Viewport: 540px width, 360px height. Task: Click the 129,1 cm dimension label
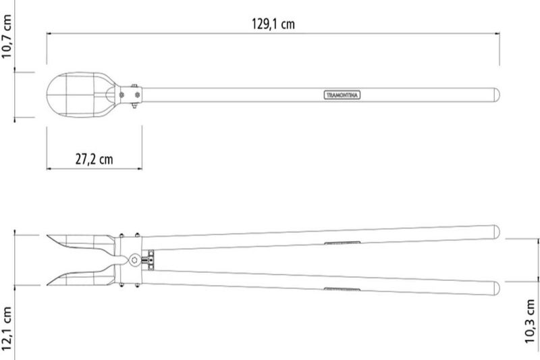click(273, 24)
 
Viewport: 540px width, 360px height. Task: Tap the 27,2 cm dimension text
click(94, 159)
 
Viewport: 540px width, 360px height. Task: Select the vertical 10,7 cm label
click(7, 36)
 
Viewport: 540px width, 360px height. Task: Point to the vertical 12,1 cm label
click(7, 328)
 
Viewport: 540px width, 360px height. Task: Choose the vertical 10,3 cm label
click(531, 321)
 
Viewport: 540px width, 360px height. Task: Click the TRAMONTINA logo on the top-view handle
click(342, 95)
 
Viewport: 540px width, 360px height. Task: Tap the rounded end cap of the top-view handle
click(497, 95)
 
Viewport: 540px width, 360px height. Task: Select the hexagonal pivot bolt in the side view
click(134, 260)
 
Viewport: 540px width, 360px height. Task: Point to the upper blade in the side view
click(81, 242)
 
